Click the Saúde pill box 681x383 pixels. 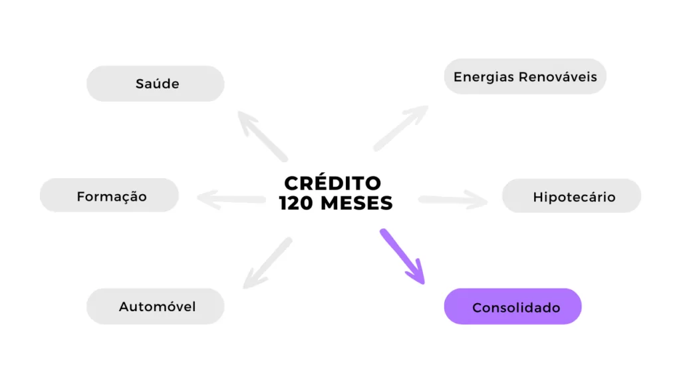tap(156, 84)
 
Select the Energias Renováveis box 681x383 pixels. tap(525, 76)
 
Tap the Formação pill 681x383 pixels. tap(110, 195)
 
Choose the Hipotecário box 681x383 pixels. tap(571, 196)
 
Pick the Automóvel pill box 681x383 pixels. tap(156, 306)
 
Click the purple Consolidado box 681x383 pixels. tap(513, 307)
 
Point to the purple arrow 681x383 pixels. tap(402, 257)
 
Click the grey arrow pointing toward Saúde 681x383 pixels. tap(262, 136)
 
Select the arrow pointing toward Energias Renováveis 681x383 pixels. tap(401, 128)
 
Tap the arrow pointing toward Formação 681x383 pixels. tap(231, 199)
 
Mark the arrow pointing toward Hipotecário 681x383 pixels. tap(453, 199)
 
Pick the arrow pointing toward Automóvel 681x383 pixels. tap(267, 263)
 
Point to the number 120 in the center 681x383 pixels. tap(296, 203)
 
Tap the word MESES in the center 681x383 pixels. tap(356, 203)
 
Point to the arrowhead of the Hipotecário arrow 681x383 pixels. tap(477, 199)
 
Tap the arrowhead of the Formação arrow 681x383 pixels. tap(207, 199)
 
